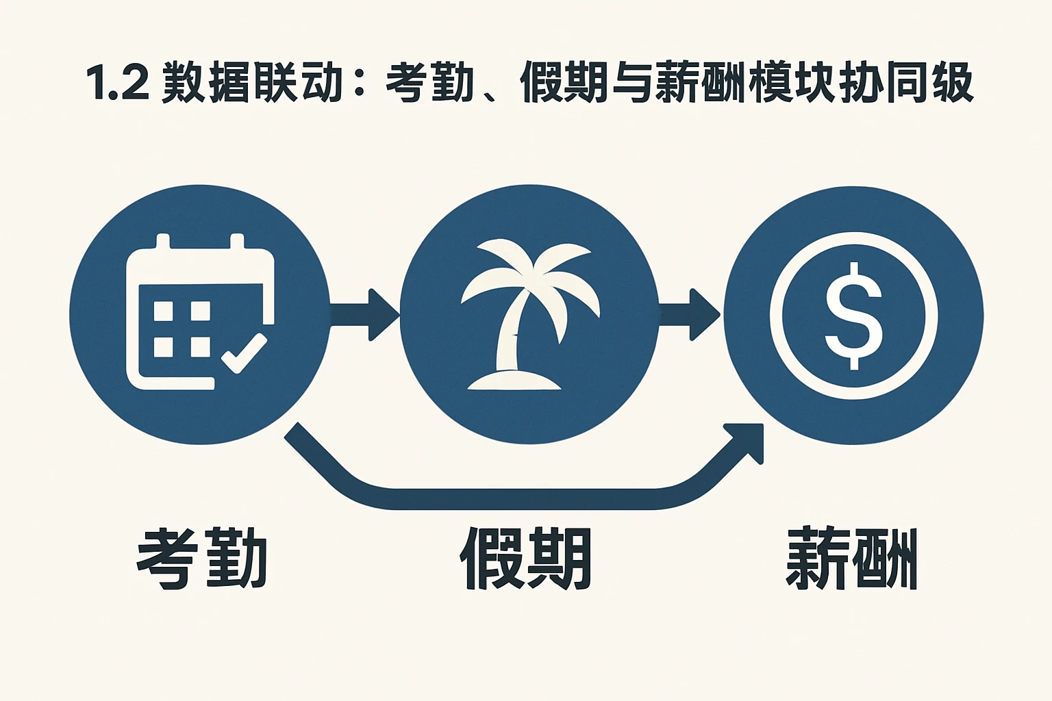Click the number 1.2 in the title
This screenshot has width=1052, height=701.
tap(118, 84)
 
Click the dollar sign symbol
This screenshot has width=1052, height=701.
tap(853, 316)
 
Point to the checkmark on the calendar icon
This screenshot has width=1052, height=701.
tap(245, 353)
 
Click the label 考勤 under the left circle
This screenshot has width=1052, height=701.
tap(202, 558)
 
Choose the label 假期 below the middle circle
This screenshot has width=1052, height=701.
tap(526, 558)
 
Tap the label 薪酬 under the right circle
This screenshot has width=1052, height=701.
tap(851, 558)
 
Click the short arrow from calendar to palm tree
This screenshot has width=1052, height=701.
tap(363, 315)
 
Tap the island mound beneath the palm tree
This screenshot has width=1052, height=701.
tap(514, 381)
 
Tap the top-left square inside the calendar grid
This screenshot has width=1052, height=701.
tap(163, 311)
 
